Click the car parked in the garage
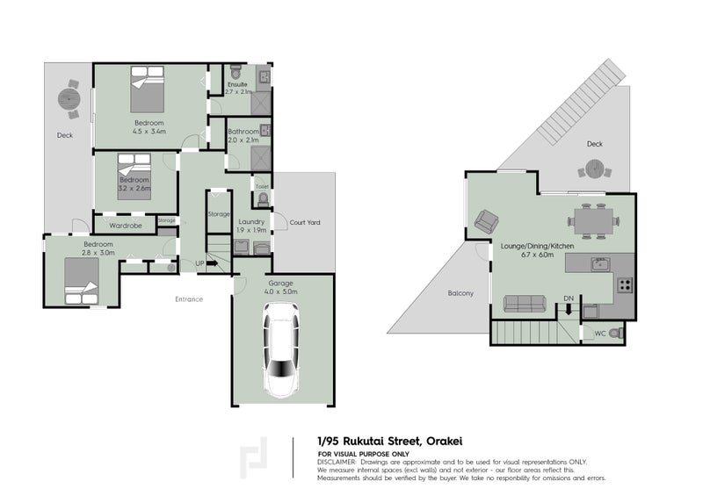(282, 350)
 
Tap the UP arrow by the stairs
(212, 262)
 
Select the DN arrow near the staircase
(569, 308)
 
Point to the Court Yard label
(305, 223)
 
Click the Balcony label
(460, 293)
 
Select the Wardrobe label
(126, 226)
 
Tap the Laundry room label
(251, 222)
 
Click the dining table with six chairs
(591, 220)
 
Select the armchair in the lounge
(485, 222)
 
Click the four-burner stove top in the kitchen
(625, 284)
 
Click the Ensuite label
(238, 84)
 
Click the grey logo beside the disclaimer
(255, 459)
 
